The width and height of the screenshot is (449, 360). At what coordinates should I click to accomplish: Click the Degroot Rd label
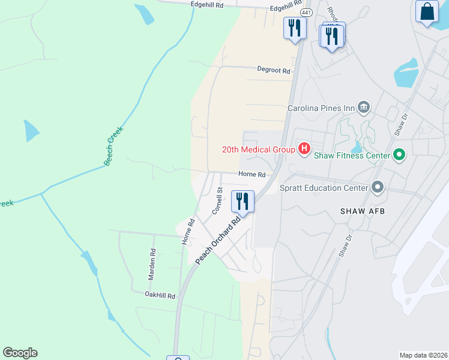click(x=274, y=70)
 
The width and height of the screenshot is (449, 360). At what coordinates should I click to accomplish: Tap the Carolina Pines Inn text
click(x=321, y=109)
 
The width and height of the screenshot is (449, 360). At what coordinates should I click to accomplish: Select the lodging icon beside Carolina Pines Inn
click(x=364, y=107)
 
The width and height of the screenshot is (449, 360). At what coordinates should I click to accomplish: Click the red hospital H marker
click(x=304, y=148)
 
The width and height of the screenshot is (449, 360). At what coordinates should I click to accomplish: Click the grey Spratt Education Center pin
click(x=378, y=187)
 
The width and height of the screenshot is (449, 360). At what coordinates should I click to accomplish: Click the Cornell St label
click(x=217, y=201)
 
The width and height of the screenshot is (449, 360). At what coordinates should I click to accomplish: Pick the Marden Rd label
click(x=151, y=266)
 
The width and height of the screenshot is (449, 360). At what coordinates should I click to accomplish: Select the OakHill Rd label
click(x=160, y=296)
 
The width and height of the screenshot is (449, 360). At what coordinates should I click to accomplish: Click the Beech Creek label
click(x=113, y=146)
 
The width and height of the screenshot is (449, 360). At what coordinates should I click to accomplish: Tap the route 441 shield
click(x=307, y=13)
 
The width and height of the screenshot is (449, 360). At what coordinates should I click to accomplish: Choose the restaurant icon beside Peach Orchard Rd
click(x=243, y=200)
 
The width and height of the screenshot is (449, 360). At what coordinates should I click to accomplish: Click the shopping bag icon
click(x=427, y=11)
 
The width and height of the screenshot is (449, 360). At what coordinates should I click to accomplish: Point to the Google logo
click(x=20, y=353)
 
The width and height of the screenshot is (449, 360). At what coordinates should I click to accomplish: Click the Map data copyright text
click(x=423, y=355)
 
